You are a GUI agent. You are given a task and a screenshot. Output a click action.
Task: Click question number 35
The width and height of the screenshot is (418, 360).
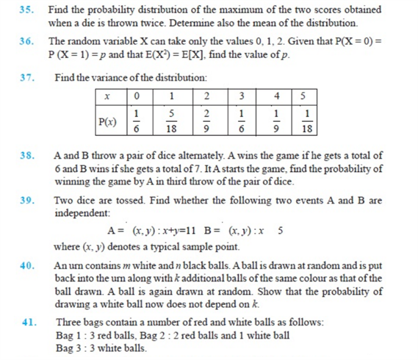pos(27,10)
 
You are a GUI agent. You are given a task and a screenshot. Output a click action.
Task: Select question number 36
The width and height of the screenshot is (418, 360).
pos(27,41)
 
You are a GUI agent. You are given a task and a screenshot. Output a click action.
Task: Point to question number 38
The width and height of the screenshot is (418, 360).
pos(27,156)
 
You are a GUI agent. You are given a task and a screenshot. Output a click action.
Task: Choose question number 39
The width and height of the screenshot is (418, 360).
pos(27,200)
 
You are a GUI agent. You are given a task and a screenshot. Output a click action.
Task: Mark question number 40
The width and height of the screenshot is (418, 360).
pos(27,265)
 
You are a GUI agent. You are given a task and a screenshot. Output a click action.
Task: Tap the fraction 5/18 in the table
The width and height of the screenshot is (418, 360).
pos(171,120)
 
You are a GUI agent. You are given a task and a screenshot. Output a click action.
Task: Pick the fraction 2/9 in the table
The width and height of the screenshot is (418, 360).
pos(207,120)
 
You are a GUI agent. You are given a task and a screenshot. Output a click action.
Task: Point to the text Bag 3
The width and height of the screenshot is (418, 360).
pos(68,348)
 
